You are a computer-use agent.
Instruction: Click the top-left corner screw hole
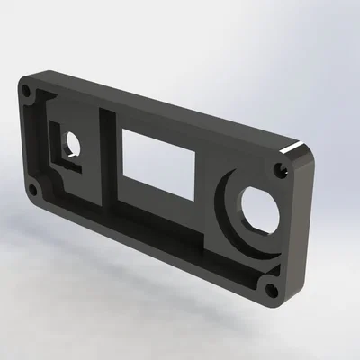[28, 91]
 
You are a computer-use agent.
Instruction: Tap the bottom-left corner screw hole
[33, 190]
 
